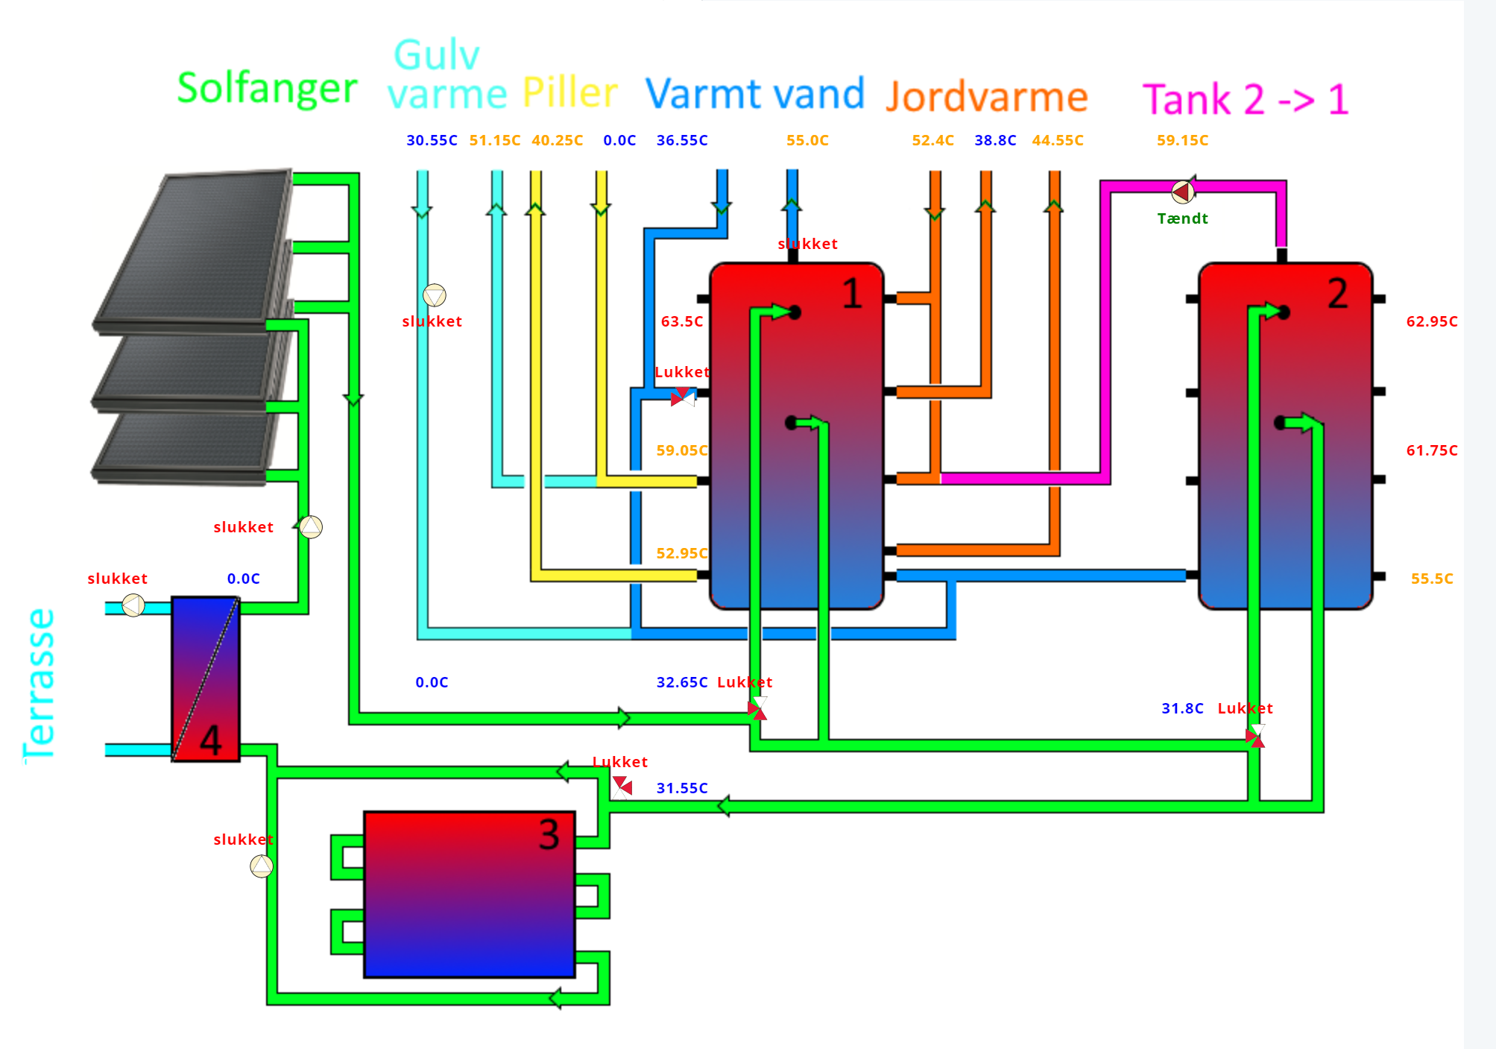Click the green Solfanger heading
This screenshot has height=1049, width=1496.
(267, 89)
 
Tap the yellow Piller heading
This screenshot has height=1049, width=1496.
(570, 92)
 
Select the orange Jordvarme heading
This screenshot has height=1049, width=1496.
(987, 97)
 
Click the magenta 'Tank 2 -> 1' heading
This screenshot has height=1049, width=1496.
(1246, 99)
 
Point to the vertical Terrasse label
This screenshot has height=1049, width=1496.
(40, 685)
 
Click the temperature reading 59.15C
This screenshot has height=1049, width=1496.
(1182, 140)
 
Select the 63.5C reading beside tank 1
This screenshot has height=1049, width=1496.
(681, 321)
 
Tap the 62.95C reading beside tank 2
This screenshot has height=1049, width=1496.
(1431, 321)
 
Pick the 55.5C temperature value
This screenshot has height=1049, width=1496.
(1431, 579)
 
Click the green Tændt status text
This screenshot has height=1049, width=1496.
(1182, 218)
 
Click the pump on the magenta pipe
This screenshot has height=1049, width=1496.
(1183, 192)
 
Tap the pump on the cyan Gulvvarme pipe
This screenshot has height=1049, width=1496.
(435, 295)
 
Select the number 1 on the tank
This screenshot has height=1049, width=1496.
(852, 294)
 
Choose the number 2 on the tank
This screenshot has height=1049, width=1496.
(1337, 294)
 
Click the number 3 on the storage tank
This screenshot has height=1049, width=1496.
(549, 834)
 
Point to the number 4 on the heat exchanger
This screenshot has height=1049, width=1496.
(211, 740)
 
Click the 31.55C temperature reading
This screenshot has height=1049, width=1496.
(681, 788)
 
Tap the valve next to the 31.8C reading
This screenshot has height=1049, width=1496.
(1255, 737)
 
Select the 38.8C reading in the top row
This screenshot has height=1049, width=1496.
(995, 140)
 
